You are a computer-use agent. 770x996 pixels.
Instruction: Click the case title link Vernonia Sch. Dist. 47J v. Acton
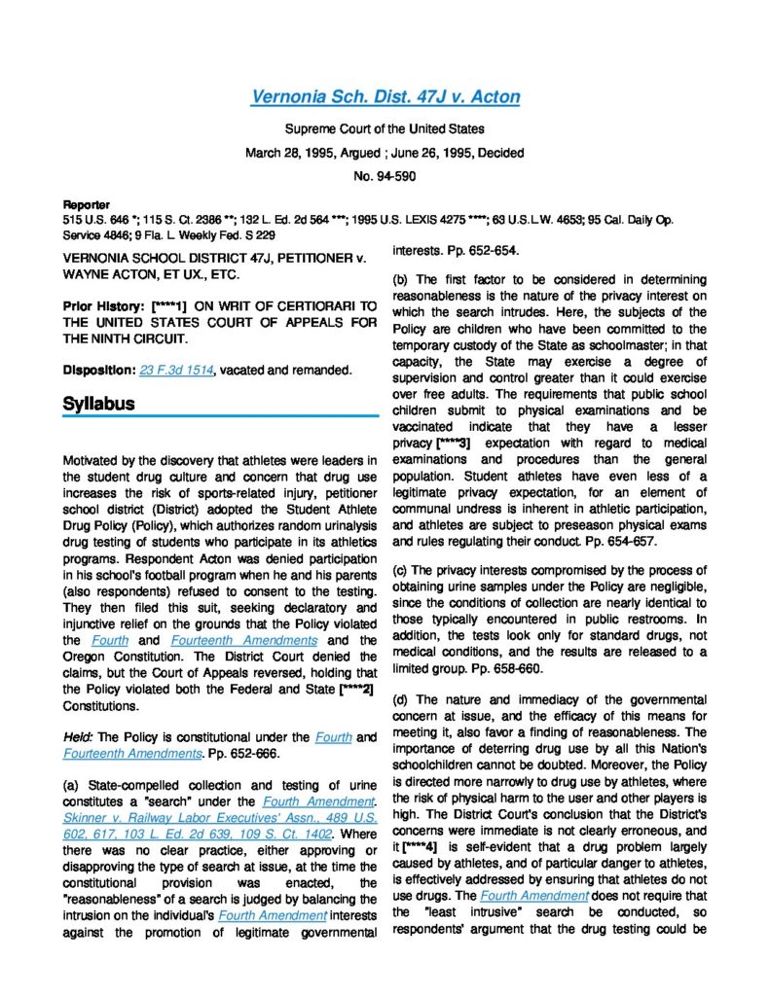pos(385,96)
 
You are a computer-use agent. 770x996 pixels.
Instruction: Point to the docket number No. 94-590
pos(385,177)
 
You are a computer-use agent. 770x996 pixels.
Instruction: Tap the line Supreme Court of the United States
pos(385,128)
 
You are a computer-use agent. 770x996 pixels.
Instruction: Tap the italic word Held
pos(80,737)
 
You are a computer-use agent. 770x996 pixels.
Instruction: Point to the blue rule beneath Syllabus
pos(220,416)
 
